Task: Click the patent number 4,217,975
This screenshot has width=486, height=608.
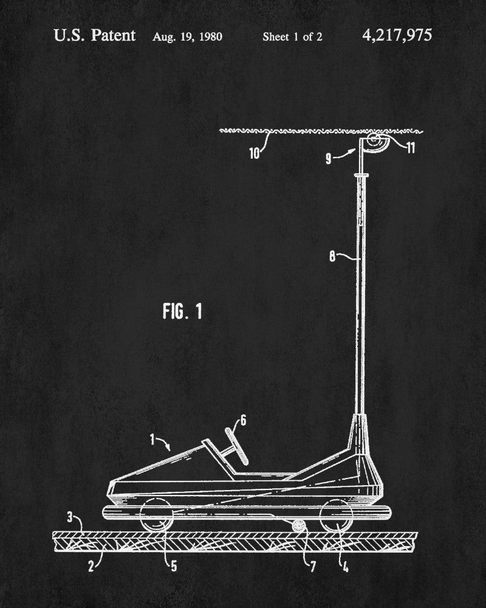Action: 397,35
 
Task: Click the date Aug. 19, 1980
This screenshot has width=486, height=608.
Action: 187,36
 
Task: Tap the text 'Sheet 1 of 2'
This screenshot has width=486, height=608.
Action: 292,36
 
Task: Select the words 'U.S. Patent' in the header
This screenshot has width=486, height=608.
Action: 94,35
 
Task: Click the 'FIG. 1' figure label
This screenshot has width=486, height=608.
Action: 182,312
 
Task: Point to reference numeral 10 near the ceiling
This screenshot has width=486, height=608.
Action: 255,152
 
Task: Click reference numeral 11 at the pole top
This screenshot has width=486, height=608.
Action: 411,148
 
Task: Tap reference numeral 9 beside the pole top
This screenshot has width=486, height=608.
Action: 329,159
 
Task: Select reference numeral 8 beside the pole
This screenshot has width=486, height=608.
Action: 332,256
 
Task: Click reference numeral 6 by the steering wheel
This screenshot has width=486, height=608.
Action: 243,420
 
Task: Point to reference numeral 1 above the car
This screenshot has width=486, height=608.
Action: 153,437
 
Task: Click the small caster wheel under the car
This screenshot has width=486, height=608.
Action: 298,526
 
